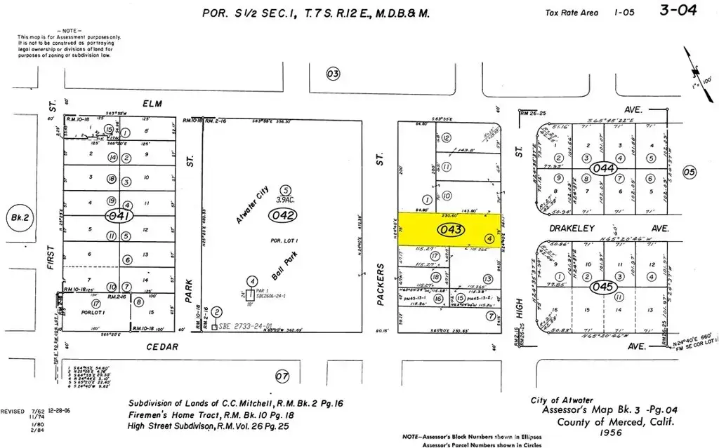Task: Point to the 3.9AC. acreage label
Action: pos(285,201)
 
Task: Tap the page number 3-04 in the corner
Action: pos(680,11)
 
